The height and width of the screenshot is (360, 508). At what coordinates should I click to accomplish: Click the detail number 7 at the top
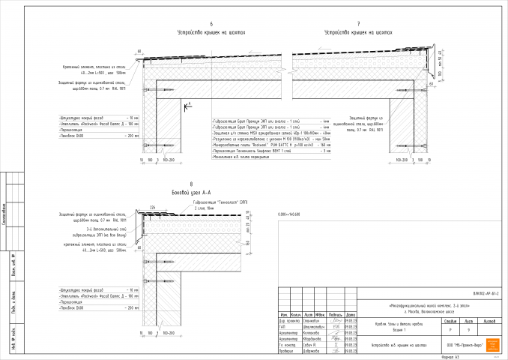click(x=359, y=24)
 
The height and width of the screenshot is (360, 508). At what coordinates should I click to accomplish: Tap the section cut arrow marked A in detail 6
click(x=190, y=103)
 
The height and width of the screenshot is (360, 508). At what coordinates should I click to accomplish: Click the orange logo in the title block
click(x=492, y=344)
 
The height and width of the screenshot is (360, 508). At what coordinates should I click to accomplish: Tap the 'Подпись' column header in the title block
click(x=335, y=313)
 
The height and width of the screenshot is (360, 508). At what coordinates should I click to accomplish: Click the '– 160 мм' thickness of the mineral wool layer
click(x=324, y=146)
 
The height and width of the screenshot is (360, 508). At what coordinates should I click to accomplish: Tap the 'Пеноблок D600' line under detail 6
click(x=71, y=136)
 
